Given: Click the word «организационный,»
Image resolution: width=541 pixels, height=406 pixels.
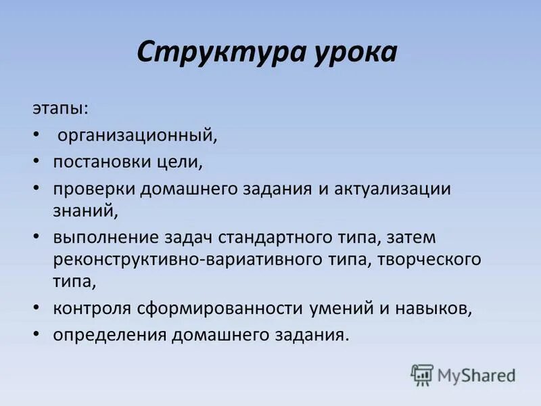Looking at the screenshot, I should click(137, 135).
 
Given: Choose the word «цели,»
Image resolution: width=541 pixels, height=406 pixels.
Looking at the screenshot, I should click(181, 162).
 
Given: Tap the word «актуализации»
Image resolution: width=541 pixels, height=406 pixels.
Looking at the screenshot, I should click(392, 189).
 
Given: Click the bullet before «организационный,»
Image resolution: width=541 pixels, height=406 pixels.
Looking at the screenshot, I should click(36, 136).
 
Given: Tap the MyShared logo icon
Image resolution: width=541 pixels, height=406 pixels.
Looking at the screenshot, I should click(422, 374).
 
